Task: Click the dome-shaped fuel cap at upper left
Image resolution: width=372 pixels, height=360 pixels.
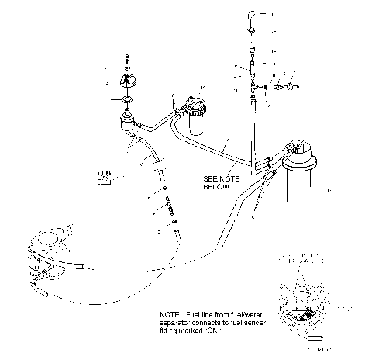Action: point(127,80)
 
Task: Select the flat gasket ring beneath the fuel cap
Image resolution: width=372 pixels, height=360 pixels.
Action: point(127,101)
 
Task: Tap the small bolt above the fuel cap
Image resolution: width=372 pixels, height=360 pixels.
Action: point(127,59)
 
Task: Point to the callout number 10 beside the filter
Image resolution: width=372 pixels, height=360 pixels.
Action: point(204,87)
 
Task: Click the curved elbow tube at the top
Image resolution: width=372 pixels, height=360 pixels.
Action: point(252,14)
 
